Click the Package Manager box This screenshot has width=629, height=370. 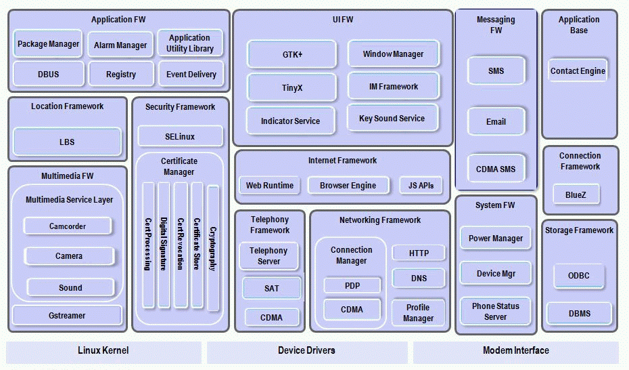pyautogui.click(x=48, y=44)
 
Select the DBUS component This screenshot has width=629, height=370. pyautogui.click(x=48, y=75)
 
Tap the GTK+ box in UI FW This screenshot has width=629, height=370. pyautogui.click(x=292, y=54)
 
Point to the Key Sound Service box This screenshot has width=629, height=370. pyautogui.click(x=392, y=119)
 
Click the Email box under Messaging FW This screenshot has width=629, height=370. pyautogui.click(x=496, y=122)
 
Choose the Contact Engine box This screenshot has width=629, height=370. pyautogui.click(x=578, y=71)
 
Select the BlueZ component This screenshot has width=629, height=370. pyautogui.click(x=576, y=195)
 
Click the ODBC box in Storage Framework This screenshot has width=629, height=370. pyautogui.click(x=578, y=276)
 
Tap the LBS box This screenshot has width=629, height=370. pyautogui.click(x=67, y=142)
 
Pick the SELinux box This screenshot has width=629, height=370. pyautogui.click(x=180, y=137)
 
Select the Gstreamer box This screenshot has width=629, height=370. pyautogui.click(x=67, y=316)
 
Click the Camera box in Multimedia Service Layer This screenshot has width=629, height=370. pyautogui.click(x=69, y=256)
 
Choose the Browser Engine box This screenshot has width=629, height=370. pyautogui.click(x=348, y=186)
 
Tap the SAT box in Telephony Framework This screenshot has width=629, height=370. pyautogui.click(x=271, y=289)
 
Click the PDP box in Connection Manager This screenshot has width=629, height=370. pyautogui.click(x=352, y=286)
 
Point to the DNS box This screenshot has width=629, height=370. pyautogui.click(x=419, y=278)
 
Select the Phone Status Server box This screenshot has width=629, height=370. pyautogui.click(x=496, y=312)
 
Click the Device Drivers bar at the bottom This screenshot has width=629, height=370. pyautogui.click(x=306, y=351)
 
